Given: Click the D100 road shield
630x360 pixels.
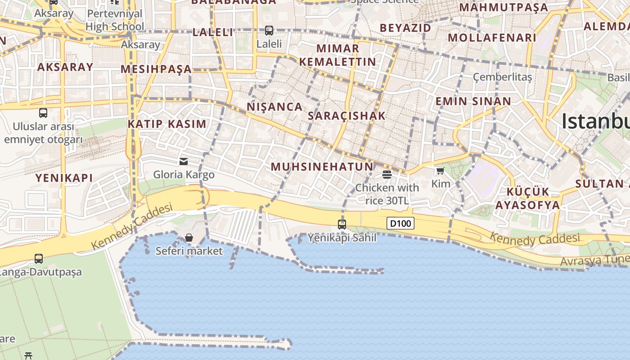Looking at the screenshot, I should [400, 223].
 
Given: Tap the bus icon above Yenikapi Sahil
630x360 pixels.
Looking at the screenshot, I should [342, 224].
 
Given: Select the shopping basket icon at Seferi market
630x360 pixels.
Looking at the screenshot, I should [189, 237].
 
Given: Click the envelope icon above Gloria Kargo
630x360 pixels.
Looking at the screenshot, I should [184, 161].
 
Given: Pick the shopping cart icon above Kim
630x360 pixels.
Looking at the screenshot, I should [440, 171].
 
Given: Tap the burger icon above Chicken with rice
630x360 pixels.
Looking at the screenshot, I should [387, 174].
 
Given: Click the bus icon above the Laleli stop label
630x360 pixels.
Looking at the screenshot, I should [269, 31].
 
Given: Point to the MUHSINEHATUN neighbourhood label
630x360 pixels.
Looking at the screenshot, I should [322, 167].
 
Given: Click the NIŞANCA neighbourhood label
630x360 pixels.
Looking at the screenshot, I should [274, 107].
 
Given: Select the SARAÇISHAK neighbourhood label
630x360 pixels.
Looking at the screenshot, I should [346, 116].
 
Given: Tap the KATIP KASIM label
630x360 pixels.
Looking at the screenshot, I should [167, 124].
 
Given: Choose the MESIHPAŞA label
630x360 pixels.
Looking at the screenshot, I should [156, 69].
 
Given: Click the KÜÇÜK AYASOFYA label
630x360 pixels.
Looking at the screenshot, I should [528, 198].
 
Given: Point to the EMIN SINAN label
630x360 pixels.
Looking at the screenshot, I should [473, 101].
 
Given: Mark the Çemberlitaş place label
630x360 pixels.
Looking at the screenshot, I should [502, 77].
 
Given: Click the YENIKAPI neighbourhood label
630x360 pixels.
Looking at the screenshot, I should [64, 178].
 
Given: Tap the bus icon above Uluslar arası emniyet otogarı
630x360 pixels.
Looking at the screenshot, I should [43, 112].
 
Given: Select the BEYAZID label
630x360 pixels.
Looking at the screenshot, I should [405, 28].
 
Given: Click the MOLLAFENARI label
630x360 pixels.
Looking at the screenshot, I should [492, 38].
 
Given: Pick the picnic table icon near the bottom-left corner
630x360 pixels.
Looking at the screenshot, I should [28, 355].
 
